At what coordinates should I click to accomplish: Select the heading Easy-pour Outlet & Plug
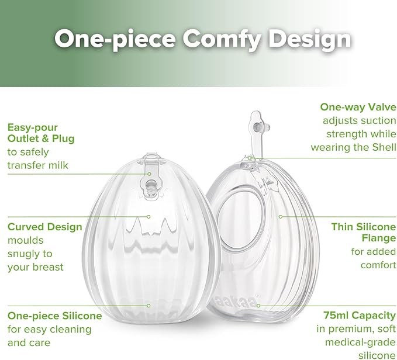click(x=41, y=133)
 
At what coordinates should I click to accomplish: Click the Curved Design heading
click(x=45, y=227)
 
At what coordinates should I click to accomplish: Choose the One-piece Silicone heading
click(x=55, y=316)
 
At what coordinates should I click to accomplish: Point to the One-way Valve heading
click(x=358, y=107)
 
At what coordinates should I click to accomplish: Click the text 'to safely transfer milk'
click(x=38, y=159)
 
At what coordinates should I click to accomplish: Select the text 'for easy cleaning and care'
click(x=50, y=336)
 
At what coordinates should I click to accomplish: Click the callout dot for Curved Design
click(x=149, y=216)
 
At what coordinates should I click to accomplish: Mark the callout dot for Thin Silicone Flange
click(x=281, y=216)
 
